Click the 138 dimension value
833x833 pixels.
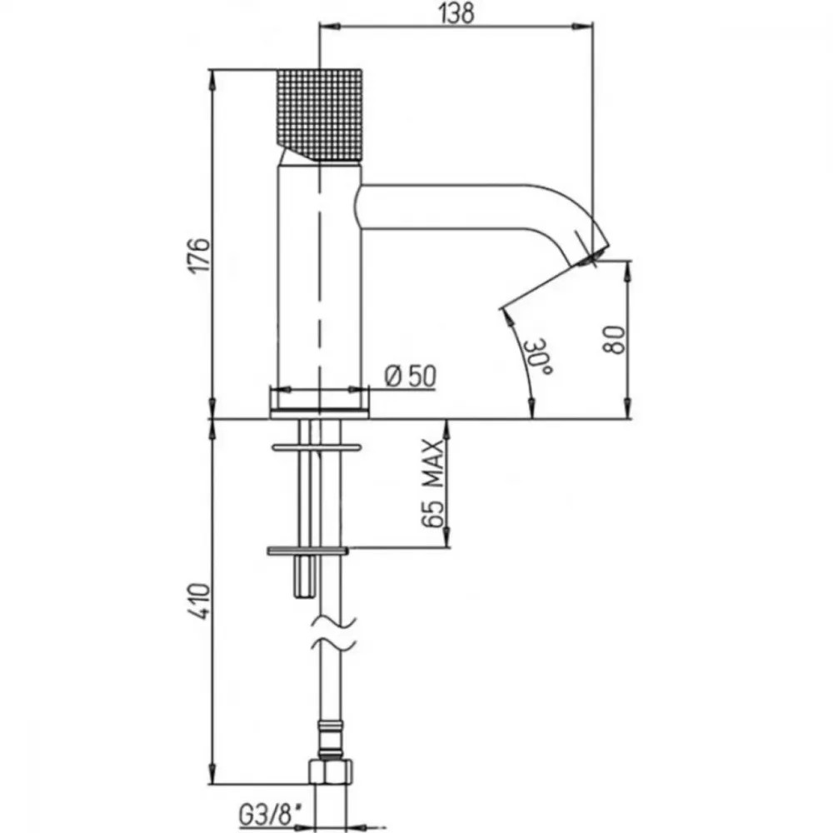click(x=456, y=12)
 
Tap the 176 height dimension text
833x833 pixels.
click(x=201, y=256)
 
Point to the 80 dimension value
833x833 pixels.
click(x=614, y=340)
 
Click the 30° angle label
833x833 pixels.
click(x=537, y=356)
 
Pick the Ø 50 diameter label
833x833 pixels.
click(x=410, y=377)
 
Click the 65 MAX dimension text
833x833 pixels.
click(x=433, y=483)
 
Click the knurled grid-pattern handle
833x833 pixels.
click(x=320, y=114)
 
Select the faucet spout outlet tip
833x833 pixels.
click(x=591, y=257)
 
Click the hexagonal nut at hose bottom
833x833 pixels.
click(x=331, y=771)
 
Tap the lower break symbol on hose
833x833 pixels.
click(x=333, y=643)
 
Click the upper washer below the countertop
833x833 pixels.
click(x=317, y=447)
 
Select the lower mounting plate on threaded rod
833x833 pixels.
click(x=307, y=551)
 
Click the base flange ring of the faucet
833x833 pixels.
click(x=319, y=414)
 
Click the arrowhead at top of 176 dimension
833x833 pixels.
click(x=212, y=81)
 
